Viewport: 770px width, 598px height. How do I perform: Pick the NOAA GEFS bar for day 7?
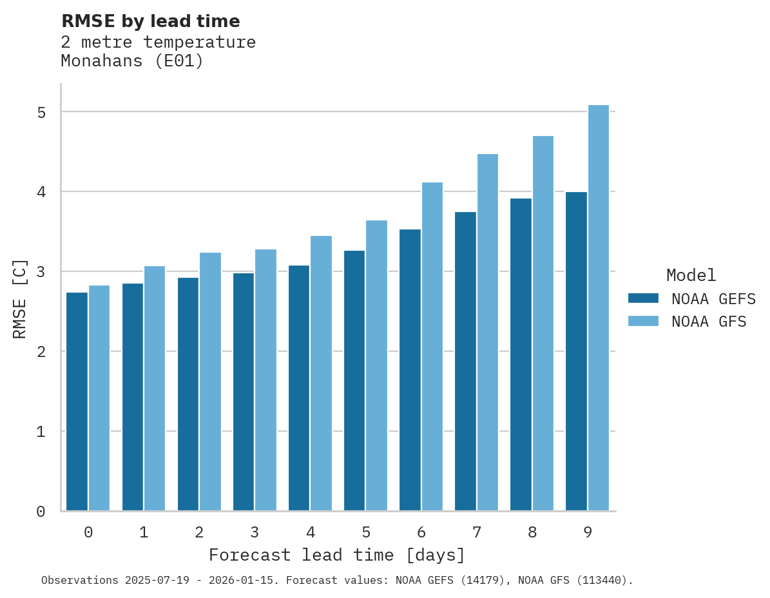click(x=466, y=361)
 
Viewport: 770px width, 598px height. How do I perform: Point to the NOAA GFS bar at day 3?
click(x=266, y=380)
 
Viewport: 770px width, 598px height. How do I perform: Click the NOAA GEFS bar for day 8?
click(x=521, y=354)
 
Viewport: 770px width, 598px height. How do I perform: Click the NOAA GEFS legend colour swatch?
click(x=643, y=298)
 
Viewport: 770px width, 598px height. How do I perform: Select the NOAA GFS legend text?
click(x=709, y=322)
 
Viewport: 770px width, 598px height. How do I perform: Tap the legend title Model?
click(x=691, y=276)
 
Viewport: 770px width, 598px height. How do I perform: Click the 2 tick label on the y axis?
click(x=41, y=352)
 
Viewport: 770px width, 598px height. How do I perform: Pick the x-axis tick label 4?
click(x=311, y=533)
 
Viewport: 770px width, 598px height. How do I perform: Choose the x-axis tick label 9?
click(x=588, y=533)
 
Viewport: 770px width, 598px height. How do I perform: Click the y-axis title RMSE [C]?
click(x=20, y=298)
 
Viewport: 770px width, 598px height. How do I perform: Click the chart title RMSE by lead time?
click(x=150, y=21)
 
